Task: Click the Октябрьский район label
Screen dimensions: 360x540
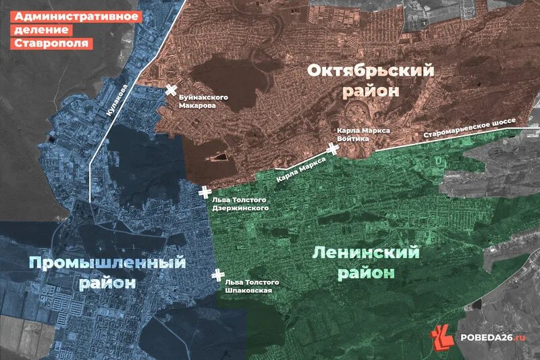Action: (x=370, y=80)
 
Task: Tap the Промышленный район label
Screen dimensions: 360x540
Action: (x=107, y=272)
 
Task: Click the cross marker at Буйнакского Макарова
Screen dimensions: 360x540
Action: (x=171, y=91)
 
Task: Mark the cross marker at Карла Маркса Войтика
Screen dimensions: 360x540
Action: (x=331, y=149)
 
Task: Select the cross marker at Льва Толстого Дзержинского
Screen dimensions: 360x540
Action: (x=205, y=192)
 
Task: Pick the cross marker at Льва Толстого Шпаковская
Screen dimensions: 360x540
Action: (x=217, y=275)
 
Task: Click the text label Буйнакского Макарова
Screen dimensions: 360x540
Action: (x=202, y=102)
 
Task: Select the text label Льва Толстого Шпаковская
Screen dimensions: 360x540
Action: (x=250, y=286)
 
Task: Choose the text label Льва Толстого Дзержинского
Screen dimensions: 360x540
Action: (x=240, y=204)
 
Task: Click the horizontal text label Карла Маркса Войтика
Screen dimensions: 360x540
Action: (x=364, y=134)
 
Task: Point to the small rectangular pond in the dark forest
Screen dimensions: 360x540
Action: (x=219, y=157)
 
